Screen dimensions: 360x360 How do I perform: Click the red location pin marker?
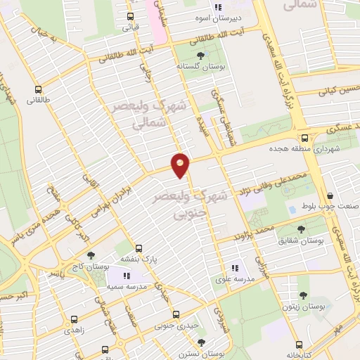181,165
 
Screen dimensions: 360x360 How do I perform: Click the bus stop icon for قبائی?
130,17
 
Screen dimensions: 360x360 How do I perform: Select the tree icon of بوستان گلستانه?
201,55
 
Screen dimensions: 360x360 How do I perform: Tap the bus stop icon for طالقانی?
39,89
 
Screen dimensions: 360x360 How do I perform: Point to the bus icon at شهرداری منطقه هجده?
304,138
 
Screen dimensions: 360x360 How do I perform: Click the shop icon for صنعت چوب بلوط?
330,196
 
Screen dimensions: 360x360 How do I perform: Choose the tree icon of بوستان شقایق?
302,229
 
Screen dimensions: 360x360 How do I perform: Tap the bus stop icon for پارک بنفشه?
139,248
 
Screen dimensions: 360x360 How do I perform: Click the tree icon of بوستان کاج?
89,255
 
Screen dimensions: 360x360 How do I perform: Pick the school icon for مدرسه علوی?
236,267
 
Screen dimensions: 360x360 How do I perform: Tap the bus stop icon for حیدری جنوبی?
176,315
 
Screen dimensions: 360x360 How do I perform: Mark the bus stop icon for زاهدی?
73,318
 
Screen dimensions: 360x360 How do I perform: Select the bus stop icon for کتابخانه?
300,345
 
